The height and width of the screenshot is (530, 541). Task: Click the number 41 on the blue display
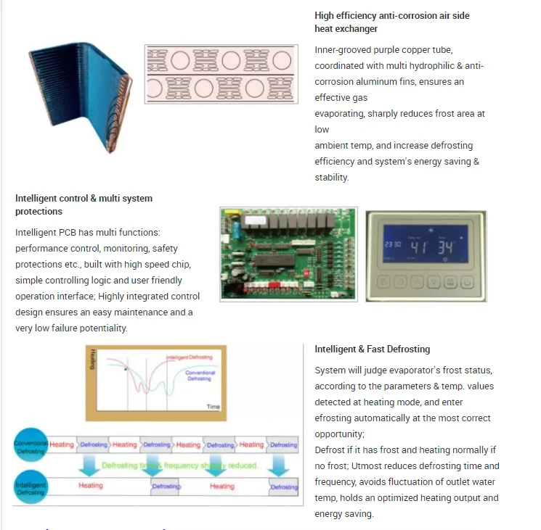420,247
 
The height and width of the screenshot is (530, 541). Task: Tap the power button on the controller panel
468,283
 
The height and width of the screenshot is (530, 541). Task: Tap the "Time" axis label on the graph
213,407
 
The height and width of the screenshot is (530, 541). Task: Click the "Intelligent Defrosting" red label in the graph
188,358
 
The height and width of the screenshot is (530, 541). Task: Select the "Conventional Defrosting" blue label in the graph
201,376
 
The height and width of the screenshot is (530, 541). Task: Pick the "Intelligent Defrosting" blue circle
30,484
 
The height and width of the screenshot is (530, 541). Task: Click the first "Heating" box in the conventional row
62,444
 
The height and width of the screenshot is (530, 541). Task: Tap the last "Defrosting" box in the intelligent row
284,487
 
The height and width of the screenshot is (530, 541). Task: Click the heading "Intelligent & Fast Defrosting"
373,349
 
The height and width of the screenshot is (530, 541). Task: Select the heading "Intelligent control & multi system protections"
84,204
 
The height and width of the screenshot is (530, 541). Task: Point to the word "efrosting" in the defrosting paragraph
335,418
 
